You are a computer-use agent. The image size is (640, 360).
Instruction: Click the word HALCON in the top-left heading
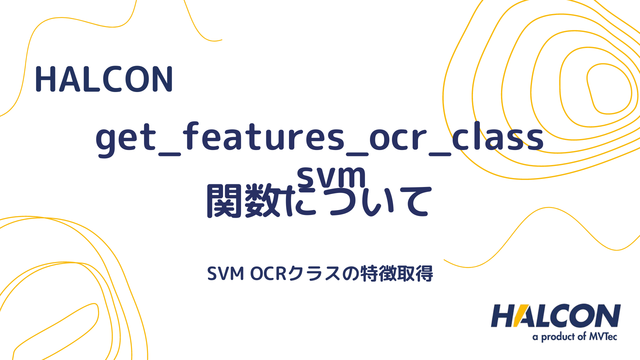click(104, 79)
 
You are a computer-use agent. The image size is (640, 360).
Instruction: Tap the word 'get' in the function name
click(126, 138)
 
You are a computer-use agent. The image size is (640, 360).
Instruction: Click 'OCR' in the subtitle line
click(268, 274)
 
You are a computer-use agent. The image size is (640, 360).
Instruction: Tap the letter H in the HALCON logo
click(503, 316)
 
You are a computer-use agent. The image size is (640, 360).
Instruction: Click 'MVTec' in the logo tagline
click(603, 337)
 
